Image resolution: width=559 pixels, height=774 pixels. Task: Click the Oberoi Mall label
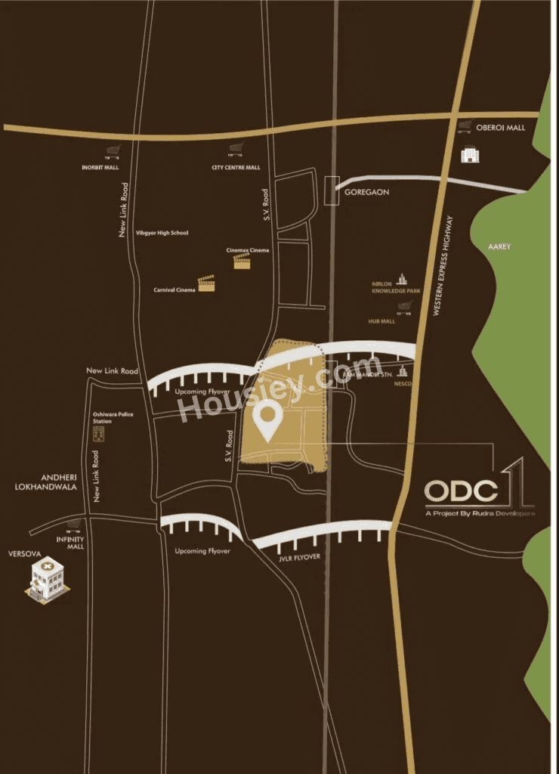coord(505,128)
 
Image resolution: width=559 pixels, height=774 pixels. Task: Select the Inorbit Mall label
coord(100,167)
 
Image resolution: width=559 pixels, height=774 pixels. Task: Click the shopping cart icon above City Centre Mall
coord(236,150)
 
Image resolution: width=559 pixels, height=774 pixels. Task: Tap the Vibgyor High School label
coord(161,233)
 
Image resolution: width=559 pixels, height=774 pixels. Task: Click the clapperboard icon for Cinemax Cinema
coord(242,262)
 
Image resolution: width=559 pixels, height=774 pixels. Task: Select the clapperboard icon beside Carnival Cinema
coord(206,284)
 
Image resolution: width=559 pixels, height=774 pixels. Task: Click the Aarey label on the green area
coord(499,246)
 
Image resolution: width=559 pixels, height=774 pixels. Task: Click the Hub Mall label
coord(382,321)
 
